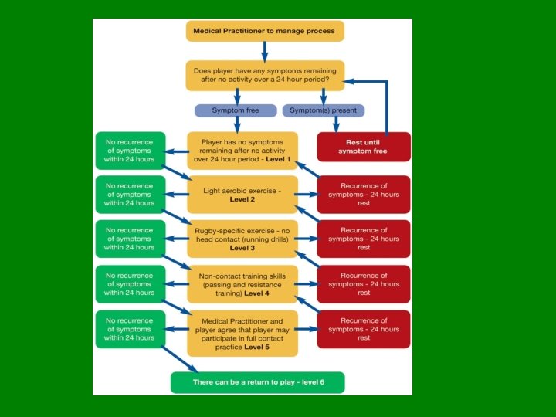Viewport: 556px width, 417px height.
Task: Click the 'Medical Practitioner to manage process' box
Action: (265, 31)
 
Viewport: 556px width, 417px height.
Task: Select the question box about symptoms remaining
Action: (265, 76)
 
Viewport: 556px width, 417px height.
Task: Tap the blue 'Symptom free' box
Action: (236, 110)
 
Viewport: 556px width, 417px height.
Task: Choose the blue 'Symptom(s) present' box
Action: (323, 110)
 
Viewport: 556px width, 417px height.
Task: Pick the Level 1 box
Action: (242, 151)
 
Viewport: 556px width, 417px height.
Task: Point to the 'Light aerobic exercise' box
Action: (242, 195)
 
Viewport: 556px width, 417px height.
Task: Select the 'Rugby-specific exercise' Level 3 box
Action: (242, 239)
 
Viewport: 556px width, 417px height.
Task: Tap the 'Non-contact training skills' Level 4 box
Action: (242, 284)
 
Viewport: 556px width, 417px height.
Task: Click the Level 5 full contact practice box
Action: (242, 334)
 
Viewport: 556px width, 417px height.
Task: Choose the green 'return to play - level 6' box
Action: (257, 383)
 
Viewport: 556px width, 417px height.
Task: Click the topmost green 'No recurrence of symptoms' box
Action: (130, 151)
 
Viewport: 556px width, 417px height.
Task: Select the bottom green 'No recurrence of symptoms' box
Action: (130, 329)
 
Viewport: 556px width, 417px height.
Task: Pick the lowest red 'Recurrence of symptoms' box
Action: (364, 329)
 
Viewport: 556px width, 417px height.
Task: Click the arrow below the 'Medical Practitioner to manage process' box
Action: (265, 51)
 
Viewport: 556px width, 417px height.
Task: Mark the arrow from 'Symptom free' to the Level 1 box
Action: (237, 124)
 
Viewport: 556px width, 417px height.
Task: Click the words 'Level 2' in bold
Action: (242, 199)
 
